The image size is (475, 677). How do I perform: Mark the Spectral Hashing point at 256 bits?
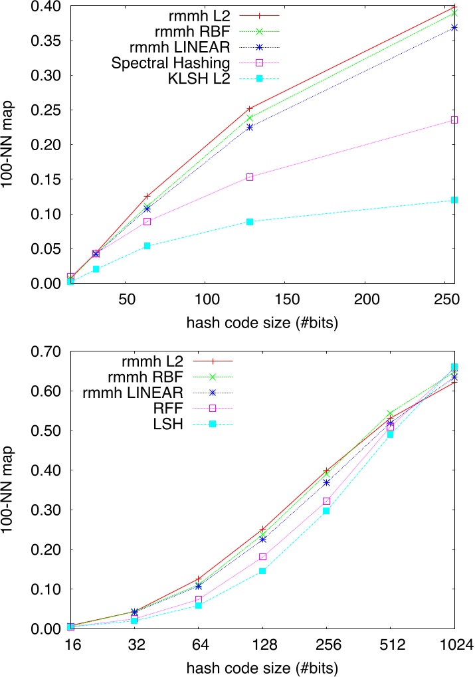[x=454, y=120]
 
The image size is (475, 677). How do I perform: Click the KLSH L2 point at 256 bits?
[x=454, y=200]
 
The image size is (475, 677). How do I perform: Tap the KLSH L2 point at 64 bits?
[x=147, y=246]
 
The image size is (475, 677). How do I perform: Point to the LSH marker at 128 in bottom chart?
[x=262, y=571]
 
